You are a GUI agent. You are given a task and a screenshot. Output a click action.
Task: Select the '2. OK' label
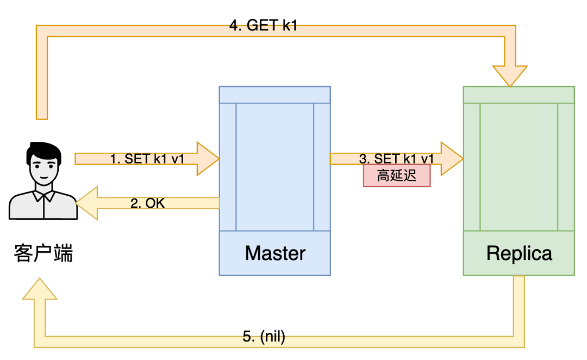click(147, 203)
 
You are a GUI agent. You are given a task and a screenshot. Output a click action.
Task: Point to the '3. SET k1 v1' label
click(397, 159)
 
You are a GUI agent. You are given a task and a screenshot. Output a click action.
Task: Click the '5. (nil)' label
click(264, 337)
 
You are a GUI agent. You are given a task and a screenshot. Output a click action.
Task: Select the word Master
click(275, 253)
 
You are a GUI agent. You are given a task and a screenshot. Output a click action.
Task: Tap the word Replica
click(519, 253)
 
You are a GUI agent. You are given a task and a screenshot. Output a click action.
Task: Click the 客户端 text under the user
click(43, 253)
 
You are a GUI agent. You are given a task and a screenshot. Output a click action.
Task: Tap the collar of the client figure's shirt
click(43, 195)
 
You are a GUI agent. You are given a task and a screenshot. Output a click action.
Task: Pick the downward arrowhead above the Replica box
click(509, 75)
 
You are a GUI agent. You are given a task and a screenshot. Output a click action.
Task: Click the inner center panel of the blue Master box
click(275, 166)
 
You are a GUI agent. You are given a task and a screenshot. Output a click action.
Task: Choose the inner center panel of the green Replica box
click(519, 166)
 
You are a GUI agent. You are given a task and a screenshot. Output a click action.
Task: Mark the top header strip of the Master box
click(275, 94)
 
